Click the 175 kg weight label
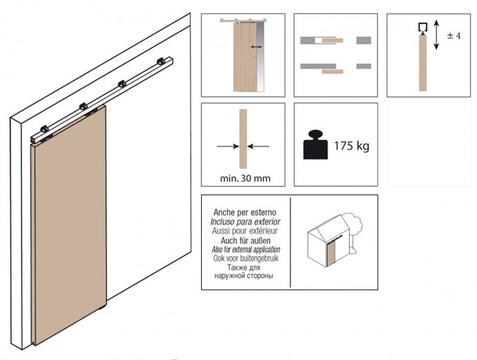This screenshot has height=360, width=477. [x=352, y=146]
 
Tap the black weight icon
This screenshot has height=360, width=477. [x=315, y=144]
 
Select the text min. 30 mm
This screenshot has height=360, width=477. [x=245, y=178]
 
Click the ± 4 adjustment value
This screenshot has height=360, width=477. [x=454, y=36]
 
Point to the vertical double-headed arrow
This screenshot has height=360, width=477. [x=436, y=35]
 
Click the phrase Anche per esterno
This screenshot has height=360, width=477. [x=245, y=212]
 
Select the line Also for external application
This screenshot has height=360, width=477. [x=246, y=249]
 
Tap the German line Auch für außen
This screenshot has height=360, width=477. [x=245, y=240]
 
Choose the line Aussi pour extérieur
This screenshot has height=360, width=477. [x=245, y=231]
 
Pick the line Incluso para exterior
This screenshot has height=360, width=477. [x=245, y=222]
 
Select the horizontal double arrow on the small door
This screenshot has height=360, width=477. [x=256, y=47]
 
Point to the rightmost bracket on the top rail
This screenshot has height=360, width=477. [x=161, y=61]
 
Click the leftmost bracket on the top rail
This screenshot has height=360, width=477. [x=44, y=129]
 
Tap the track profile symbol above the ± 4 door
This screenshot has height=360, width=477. [x=423, y=28]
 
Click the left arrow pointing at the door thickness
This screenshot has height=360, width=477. [x=228, y=146]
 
